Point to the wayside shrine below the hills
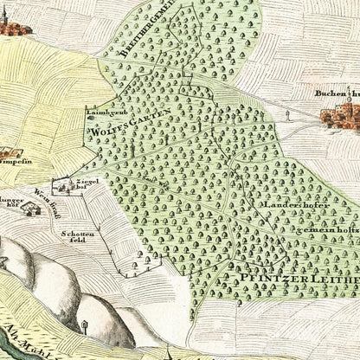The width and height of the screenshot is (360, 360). pos(86,326)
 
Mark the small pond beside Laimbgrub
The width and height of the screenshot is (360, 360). pos(90,123)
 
